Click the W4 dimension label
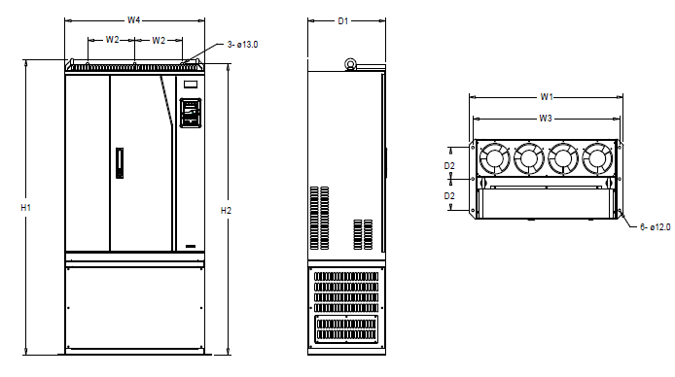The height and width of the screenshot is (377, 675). (x=133, y=20)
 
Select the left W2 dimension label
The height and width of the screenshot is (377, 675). (x=112, y=40)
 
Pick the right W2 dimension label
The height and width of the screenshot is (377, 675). (x=159, y=41)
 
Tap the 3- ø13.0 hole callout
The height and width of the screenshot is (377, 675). (x=242, y=45)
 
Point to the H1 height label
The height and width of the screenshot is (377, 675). (x=26, y=208)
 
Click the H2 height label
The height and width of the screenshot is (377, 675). (x=226, y=211)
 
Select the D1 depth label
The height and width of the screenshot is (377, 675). (x=342, y=21)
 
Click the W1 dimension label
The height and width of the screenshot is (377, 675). (x=547, y=97)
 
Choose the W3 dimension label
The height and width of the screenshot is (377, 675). (x=546, y=119)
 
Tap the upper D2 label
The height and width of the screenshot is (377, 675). (x=449, y=166)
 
